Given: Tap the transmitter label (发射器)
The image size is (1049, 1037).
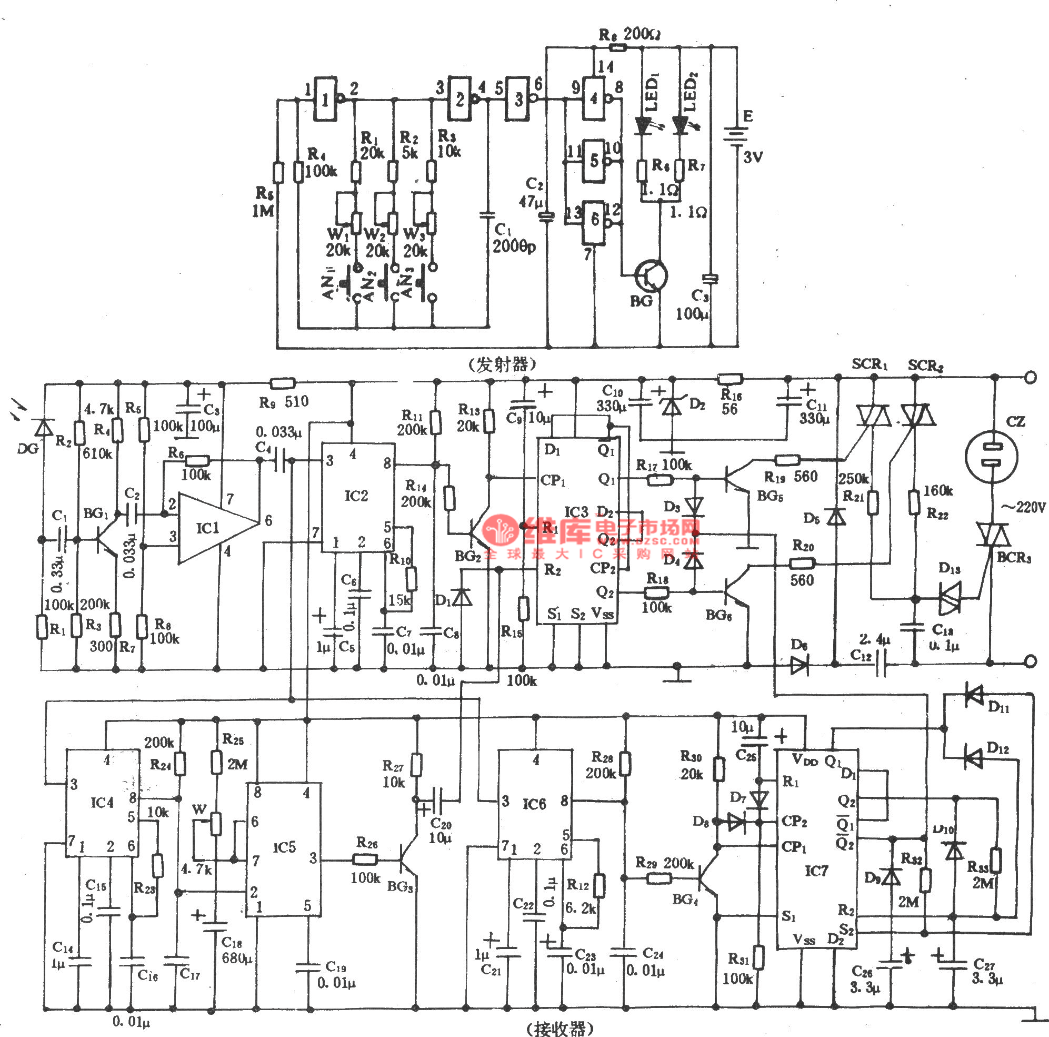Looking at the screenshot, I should [502, 364].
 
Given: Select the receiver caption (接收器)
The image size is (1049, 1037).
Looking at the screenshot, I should [560, 1028].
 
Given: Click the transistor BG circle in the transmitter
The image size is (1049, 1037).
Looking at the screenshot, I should [651, 275].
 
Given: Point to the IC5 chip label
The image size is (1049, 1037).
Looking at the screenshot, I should [284, 847].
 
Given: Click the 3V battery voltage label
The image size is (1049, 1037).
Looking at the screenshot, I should [753, 157].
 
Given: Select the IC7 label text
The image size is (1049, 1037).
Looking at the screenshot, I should [816, 871].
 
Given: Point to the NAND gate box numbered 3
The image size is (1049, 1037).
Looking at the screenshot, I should [518, 99].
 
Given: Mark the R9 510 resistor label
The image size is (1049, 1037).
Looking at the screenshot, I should [283, 402].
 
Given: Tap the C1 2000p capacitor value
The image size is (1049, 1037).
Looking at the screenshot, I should [513, 247].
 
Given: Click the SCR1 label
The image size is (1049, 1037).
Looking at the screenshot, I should [870, 364].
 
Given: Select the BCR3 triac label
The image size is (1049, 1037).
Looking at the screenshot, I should [1013, 557].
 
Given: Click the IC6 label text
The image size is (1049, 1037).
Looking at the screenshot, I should [534, 803].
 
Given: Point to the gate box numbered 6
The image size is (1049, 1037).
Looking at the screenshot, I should [595, 221].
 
